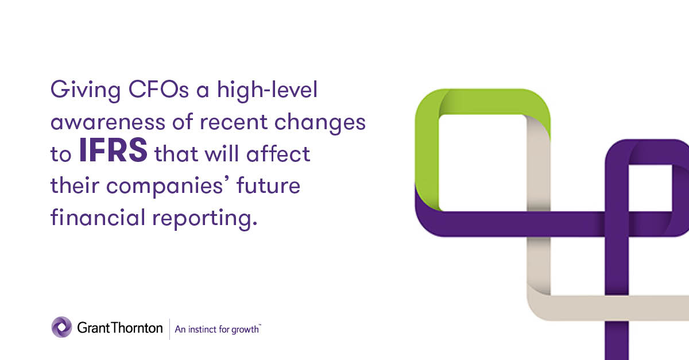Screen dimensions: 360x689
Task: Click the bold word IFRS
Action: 113,154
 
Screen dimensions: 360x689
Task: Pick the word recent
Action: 234,122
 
